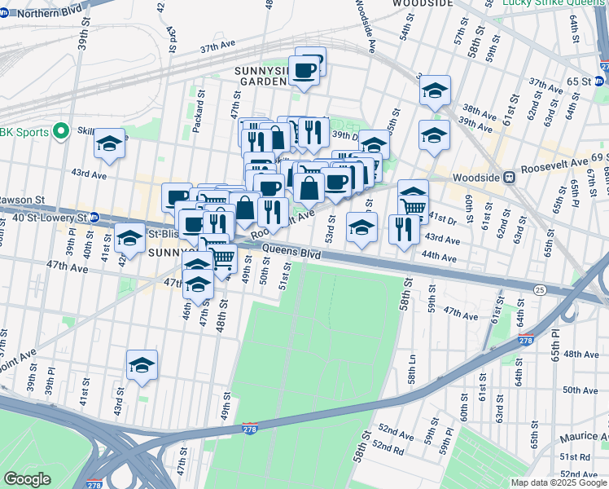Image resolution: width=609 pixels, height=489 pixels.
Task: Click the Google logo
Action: pyautogui.click(x=27, y=479)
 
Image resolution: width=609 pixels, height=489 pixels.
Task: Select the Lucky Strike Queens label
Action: pyautogui.click(x=554, y=4)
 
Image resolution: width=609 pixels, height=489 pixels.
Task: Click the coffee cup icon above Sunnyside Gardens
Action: pyautogui.click(x=304, y=71)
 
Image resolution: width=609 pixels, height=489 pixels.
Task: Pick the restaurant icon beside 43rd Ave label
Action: pyautogui.click(x=401, y=229)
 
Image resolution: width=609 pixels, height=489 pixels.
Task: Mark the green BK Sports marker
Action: pyautogui.click(x=59, y=130)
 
